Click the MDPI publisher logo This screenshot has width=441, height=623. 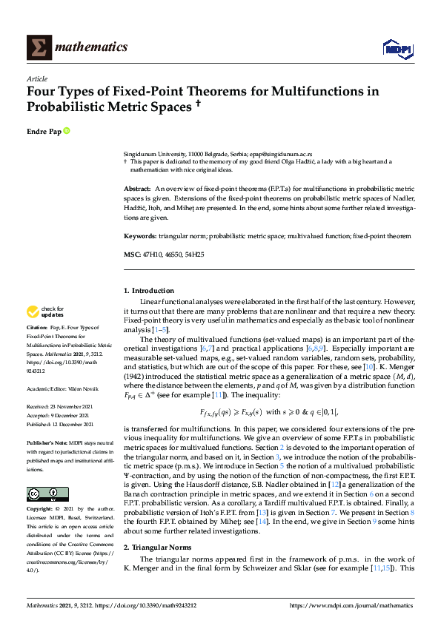tap(397, 49)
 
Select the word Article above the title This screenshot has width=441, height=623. tap(36, 78)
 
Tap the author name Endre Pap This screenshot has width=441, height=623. tap(44, 131)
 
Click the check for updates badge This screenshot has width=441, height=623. tap(44, 311)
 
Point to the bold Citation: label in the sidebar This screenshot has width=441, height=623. tap(37, 326)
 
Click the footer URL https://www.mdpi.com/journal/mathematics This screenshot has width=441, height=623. tap(351, 606)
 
